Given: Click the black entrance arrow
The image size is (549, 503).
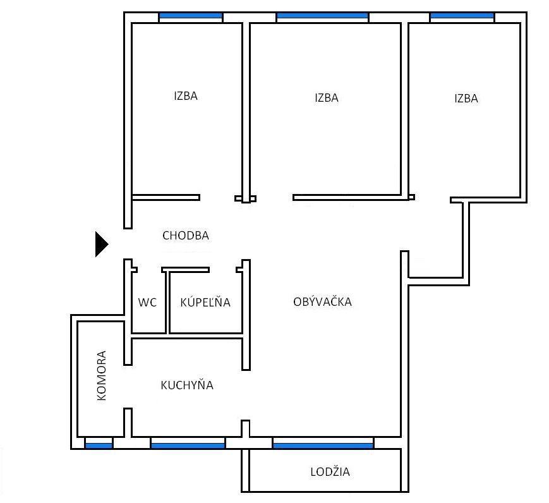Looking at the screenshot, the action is (102, 244).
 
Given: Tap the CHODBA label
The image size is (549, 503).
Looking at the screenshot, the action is (186, 236).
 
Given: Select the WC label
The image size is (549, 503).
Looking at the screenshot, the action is (147, 302).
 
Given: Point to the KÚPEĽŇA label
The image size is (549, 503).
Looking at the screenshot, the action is (205, 301).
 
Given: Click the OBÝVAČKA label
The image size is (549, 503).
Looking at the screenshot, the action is (322, 301).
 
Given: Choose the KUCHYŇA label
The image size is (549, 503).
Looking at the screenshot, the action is (187, 385).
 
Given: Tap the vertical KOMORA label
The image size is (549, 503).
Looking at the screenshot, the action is (101, 375).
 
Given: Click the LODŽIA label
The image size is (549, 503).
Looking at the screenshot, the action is (330, 471).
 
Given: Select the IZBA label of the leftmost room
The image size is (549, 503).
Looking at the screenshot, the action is (186, 96).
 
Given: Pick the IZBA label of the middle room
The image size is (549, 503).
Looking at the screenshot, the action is (327, 98).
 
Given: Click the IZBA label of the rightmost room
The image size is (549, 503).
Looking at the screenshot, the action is (466, 99).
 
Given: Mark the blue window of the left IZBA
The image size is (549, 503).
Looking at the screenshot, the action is (190, 16).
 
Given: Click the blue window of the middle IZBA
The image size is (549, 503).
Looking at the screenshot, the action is (322, 16).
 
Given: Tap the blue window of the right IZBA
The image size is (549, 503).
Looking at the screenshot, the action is (462, 16).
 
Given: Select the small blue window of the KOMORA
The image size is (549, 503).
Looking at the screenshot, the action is (99, 446).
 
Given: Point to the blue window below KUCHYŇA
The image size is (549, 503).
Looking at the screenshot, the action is (188, 446).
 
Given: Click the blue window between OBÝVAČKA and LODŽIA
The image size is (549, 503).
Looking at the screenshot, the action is (323, 446).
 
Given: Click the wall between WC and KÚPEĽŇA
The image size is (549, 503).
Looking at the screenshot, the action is (167, 302).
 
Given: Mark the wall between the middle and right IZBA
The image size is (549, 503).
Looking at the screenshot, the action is (405, 111).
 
